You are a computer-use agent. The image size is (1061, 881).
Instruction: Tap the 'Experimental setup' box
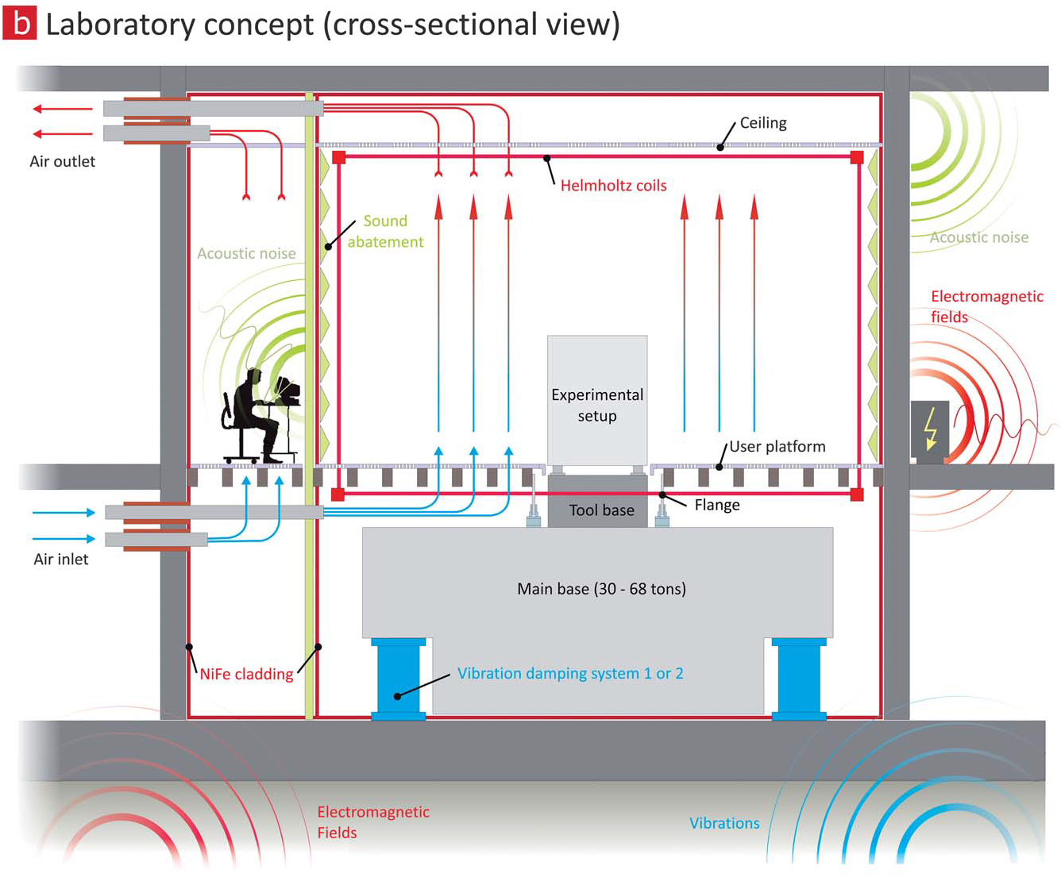pyautogui.click(x=597, y=401)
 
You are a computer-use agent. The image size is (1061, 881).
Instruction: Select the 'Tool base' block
pyautogui.click(x=601, y=510)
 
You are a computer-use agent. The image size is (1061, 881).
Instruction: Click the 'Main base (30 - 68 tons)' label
pyautogui.click(x=601, y=589)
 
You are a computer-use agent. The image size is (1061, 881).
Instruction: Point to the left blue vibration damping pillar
pyautogui.click(x=399, y=679)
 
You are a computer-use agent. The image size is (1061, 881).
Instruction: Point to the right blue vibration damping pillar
pyautogui.click(x=799, y=679)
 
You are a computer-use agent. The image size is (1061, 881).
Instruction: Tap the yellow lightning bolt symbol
pyautogui.click(x=931, y=429)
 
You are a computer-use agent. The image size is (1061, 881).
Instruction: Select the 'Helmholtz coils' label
pyautogui.click(x=613, y=186)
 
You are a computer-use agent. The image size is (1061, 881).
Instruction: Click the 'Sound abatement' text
pyautogui.click(x=385, y=232)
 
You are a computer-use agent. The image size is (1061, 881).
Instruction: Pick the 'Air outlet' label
pyautogui.click(x=62, y=162)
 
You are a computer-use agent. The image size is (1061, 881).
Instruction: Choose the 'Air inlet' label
pyautogui.click(x=61, y=560)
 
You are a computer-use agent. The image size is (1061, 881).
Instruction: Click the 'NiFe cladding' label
pyautogui.click(x=246, y=675)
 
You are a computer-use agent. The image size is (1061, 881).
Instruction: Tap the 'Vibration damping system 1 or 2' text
pyautogui.click(x=570, y=674)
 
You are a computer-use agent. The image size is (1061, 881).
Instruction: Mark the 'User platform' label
pyautogui.click(x=777, y=447)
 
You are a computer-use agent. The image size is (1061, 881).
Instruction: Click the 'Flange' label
pyautogui.click(x=716, y=506)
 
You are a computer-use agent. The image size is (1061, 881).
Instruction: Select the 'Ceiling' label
pyautogui.click(x=763, y=123)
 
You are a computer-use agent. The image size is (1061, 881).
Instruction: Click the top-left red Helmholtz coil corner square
pyautogui.click(x=339, y=157)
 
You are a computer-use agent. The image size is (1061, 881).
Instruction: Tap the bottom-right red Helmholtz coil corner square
pyautogui.click(x=857, y=494)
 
